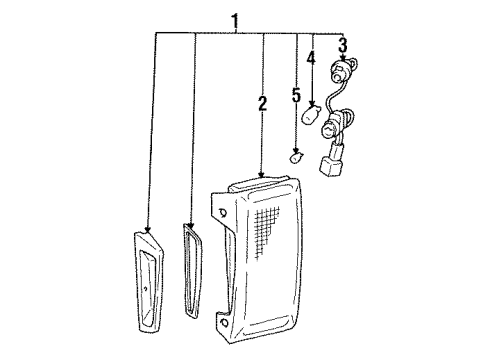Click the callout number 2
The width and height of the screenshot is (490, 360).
click(x=262, y=103)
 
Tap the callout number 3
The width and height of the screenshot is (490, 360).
click(x=342, y=44)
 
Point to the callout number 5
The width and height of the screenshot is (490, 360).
click(x=296, y=95)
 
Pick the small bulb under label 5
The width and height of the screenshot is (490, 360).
click(x=296, y=157)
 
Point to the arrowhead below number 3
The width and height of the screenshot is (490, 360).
click(x=343, y=60)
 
